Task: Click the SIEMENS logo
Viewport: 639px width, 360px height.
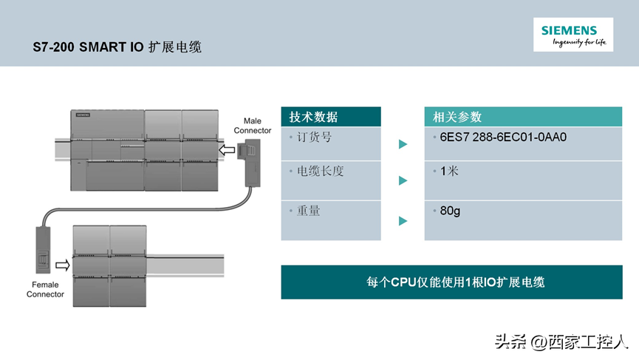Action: coord(569,30)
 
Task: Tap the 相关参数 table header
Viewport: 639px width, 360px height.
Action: coord(457,117)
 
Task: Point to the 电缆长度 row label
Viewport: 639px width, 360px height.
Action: coord(320,171)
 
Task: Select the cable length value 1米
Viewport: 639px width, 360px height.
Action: coord(449,171)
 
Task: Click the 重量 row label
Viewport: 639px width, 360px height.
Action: coord(308,211)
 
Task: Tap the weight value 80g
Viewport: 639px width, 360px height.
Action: coord(450,211)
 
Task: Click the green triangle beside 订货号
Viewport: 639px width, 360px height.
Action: coord(403,144)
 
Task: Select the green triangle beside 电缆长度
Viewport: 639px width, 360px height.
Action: coord(403,180)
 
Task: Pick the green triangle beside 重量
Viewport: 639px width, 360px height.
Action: coord(403,220)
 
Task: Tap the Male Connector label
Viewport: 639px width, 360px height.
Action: coord(253,126)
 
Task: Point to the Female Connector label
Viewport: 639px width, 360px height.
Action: coord(45,289)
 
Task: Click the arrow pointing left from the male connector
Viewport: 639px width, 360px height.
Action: coord(227,150)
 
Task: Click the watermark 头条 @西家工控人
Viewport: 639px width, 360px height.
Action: coord(561,342)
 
